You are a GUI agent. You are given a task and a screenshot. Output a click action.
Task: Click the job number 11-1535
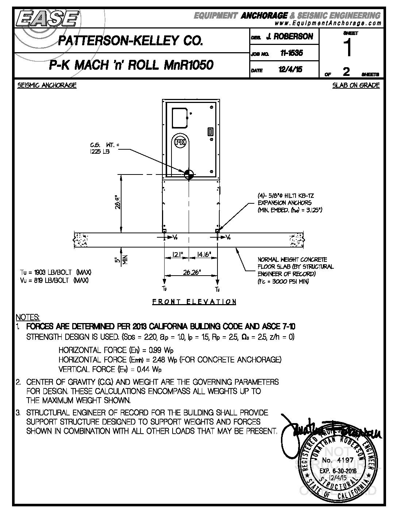coord(291,53)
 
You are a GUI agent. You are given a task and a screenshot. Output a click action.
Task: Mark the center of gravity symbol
coord(189,174)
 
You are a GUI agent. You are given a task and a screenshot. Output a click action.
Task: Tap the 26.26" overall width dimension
coord(191,272)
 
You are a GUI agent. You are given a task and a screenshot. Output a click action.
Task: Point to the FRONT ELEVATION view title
coord(194,302)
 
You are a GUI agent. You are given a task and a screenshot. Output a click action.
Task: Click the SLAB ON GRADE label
coord(356,85)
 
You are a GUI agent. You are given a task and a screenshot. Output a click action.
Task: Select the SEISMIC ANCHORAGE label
coord(47,85)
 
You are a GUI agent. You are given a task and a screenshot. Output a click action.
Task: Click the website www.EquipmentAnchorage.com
coord(328,23)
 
